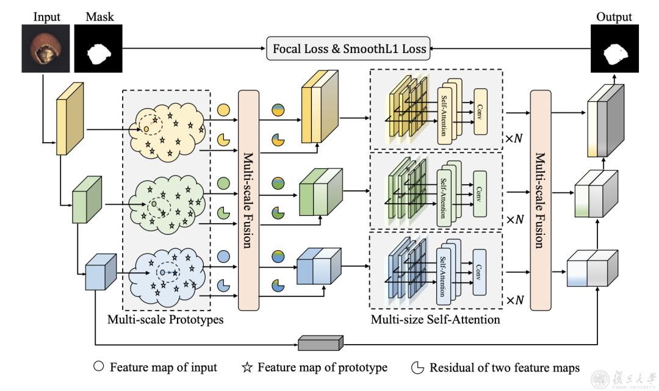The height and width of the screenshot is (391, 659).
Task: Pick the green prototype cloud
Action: pos(166,201)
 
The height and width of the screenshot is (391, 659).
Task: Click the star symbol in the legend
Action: pos(248,368)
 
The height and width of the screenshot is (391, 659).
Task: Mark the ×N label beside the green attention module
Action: pos(514,219)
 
